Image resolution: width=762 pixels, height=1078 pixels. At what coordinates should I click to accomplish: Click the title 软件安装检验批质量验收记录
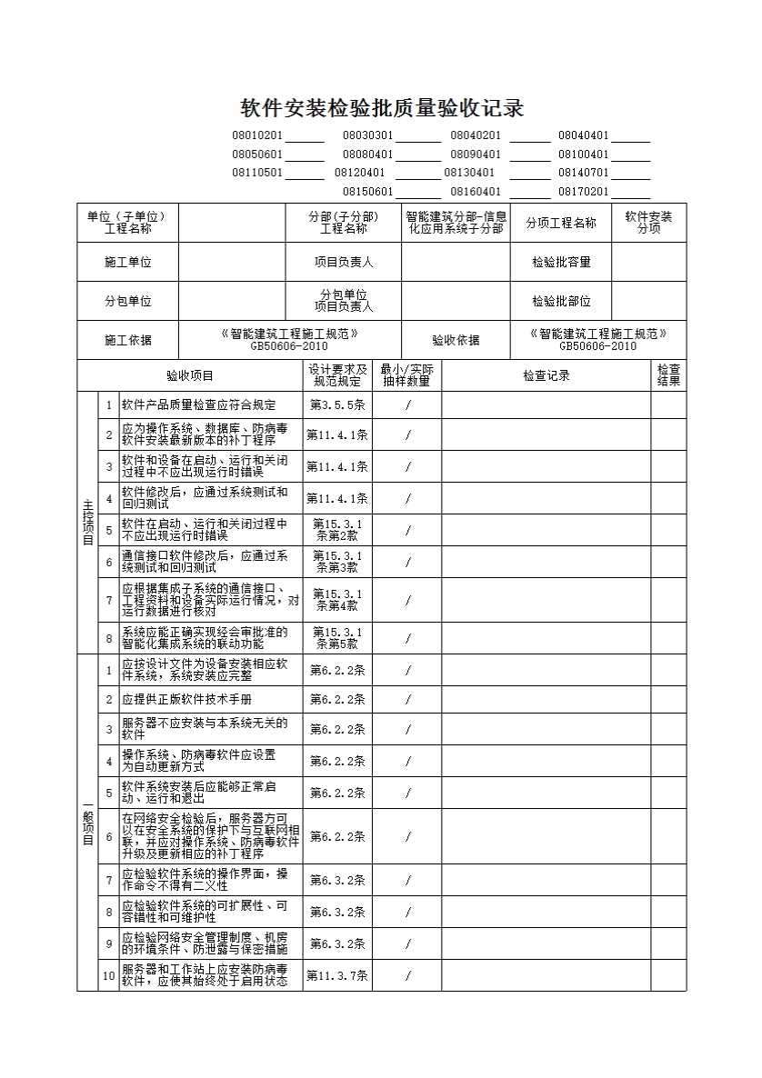click(x=382, y=108)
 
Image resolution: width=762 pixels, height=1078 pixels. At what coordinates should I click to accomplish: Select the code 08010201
click(x=257, y=135)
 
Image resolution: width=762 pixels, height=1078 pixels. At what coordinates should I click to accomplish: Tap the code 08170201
click(x=583, y=192)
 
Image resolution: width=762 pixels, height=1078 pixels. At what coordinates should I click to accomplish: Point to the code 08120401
click(x=359, y=173)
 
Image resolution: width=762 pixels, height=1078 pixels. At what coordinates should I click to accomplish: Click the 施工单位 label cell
click(x=127, y=262)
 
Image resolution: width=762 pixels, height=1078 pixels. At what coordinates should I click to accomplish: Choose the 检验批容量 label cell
click(x=561, y=262)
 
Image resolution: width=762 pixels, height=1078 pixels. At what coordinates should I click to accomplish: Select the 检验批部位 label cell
click(x=561, y=301)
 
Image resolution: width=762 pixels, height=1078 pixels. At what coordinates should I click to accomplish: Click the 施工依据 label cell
click(x=127, y=341)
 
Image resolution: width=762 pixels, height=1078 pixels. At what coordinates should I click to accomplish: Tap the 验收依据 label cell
click(x=455, y=341)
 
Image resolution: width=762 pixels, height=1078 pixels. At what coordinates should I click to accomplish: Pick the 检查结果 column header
click(x=668, y=375)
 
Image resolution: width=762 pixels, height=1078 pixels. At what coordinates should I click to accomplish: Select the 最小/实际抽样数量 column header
click(x=406, y=375)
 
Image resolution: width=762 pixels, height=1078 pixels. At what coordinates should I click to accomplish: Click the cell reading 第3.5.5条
click(x=337, y=405)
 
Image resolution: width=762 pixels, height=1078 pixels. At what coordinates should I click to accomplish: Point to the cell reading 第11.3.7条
click(x=337, y=976)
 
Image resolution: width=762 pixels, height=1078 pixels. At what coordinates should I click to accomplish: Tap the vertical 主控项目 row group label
click(x=87, y=522)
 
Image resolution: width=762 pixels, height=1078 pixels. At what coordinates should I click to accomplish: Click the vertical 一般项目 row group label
click(x=87, y=823)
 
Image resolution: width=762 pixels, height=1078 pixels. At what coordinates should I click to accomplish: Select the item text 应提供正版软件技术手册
click(x=186, y=700)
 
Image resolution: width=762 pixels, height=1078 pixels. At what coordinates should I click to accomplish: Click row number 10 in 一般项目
click(x=109, y=976)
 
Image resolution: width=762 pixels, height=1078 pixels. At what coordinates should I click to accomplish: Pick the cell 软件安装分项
click(x=648, y=223)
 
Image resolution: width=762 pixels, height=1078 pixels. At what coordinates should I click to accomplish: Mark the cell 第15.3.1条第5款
click(x=337, y=638)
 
